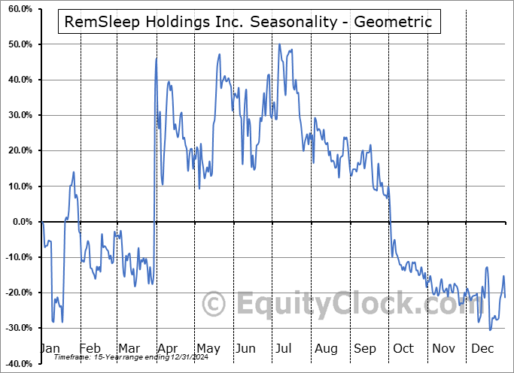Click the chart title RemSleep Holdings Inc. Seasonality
tap(248, 22)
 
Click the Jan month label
tap(50, 348)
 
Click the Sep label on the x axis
tap(365, 348)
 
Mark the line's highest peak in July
tap(279, 44)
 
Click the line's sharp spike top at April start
tap(157, 59)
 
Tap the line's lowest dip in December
tap(490, 329)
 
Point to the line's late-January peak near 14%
tap(74, 172)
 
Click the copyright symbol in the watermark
tap(214, 305)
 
